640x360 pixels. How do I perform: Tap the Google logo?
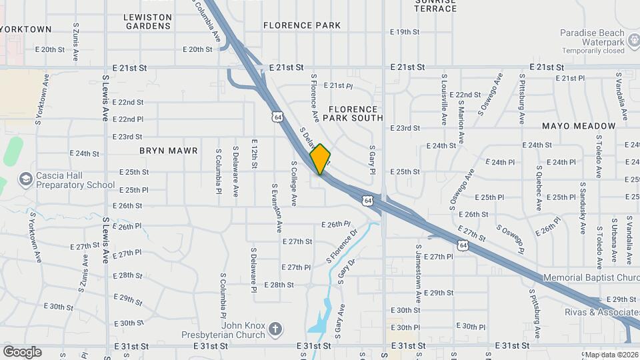22,351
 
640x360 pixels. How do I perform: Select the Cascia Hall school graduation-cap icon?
26,179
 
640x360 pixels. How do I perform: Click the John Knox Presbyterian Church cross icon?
275,329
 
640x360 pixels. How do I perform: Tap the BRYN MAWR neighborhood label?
169,151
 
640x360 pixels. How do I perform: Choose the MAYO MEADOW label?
578,126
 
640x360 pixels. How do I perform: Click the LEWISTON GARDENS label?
148,21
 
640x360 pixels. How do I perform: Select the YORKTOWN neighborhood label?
26,29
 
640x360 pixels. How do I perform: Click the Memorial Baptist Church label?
591,277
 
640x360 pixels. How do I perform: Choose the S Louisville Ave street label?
443,100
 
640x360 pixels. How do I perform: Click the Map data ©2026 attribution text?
611,355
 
